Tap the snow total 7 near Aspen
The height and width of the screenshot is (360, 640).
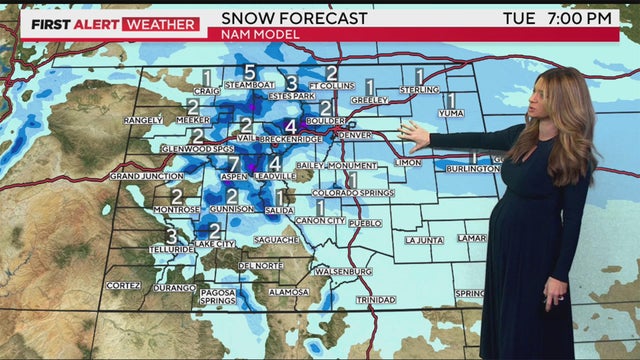pyautogui.click(x=233, y=163)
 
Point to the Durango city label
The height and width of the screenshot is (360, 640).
pyautogui.click(x=175, y=286)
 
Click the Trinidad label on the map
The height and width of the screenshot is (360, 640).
pyautogui.click(x=375, y=300)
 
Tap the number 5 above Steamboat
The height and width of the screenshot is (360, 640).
pyautogui.click(x=249, y=72)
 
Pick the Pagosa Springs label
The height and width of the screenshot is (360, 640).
pyautogui.click(x=217, y=296)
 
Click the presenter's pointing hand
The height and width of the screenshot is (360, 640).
pyautogui.click(x=412, y=131)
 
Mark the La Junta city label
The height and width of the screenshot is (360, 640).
pyautogui.click(x=424, y=240)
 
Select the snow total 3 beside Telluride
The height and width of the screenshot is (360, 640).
pyautogui.click(x=171, y=237)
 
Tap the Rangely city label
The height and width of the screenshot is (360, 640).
pyautogui.click(x=142, y=121)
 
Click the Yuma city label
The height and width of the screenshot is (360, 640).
pyautogui.click(x=450, y=113)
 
